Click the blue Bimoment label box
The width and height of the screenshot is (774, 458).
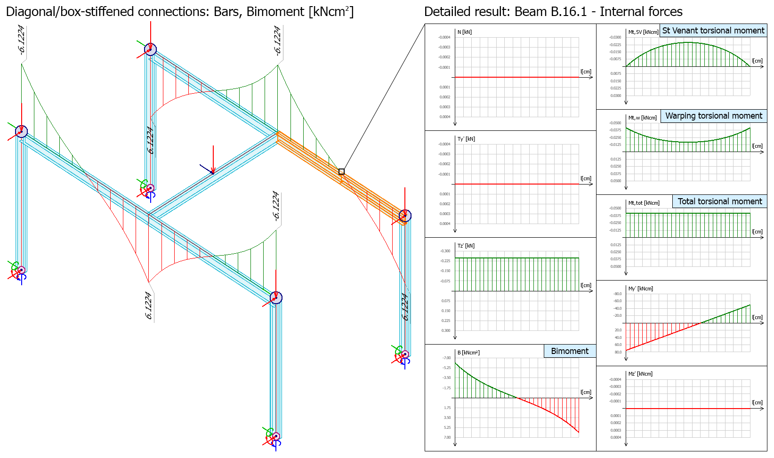[570, 351]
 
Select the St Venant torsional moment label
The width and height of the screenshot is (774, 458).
[713, 31]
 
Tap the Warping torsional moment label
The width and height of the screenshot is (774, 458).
[714, 116]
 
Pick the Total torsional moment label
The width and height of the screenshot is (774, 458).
[720, 201]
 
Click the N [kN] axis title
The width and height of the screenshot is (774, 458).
[464, 32]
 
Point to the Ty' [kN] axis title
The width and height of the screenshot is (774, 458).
[466, 139]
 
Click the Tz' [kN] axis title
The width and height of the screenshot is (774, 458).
[466, 246]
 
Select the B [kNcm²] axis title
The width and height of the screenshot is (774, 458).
[468, 353]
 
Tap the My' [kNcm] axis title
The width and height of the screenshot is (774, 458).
[640, 289]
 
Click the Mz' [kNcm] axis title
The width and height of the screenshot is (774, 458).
[640, 374]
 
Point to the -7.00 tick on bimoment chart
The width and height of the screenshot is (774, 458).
[446, 358]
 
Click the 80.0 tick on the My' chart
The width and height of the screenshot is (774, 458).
[618, 352]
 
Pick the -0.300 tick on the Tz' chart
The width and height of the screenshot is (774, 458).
[445, 251]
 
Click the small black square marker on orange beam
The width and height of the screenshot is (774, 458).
[341, 172]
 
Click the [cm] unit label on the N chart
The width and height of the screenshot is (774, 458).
[586, 72]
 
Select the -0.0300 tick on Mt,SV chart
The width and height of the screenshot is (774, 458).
[615, 37]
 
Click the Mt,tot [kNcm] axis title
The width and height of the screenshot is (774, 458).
[644, 203]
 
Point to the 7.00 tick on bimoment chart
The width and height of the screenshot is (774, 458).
[447, 437]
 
